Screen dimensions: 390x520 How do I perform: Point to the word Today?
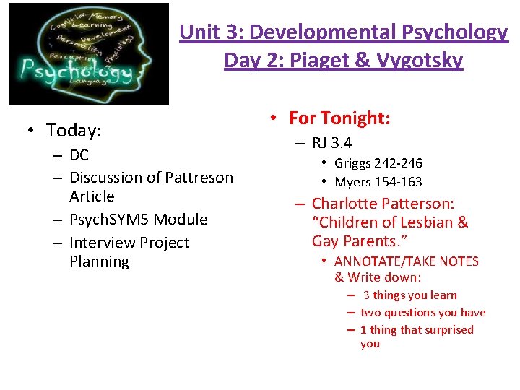point(72,131)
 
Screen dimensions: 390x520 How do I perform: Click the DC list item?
point(79,155)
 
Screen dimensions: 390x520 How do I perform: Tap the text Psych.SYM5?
point(113,220)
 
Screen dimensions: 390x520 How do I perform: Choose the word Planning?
point(99,261)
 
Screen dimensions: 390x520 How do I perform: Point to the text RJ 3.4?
point(332,143)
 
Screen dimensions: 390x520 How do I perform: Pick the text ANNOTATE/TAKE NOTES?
point(407,261)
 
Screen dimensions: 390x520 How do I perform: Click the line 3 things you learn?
point(409,295)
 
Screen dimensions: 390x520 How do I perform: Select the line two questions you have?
point(422,312)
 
